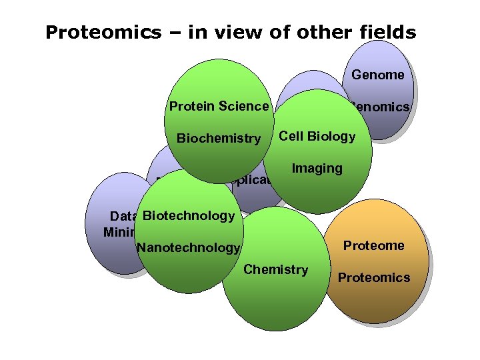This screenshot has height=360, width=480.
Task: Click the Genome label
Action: pos(378,75)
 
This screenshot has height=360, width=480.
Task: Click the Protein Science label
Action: pos(219,106)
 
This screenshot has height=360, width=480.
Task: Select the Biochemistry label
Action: pos(218,139)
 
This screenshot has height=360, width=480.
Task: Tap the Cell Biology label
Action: pos(317,136)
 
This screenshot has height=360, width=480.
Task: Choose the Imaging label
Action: pos(317,169)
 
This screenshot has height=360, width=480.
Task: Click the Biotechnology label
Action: pos(189,215)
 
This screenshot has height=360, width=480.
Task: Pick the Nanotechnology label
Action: pos(188,248)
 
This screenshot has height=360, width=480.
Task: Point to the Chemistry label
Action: pos(275,269)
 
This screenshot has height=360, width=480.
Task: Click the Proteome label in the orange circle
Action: pos(373,245)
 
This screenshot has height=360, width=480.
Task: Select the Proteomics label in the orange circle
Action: pos(374,277)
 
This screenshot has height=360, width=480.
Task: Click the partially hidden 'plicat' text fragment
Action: pos(251,181)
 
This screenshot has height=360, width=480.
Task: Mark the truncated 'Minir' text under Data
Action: pos(119,232)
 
